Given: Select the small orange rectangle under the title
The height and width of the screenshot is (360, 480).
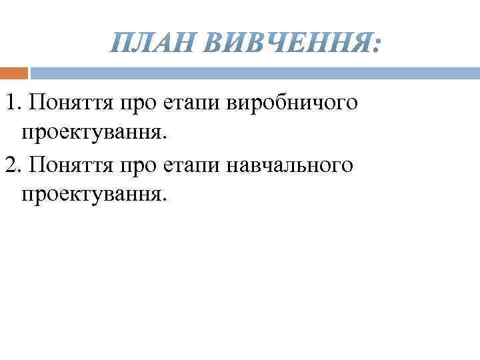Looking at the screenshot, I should (x=14, y=73).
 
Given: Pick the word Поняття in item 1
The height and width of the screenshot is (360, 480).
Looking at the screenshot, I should (x=71, y=103).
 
